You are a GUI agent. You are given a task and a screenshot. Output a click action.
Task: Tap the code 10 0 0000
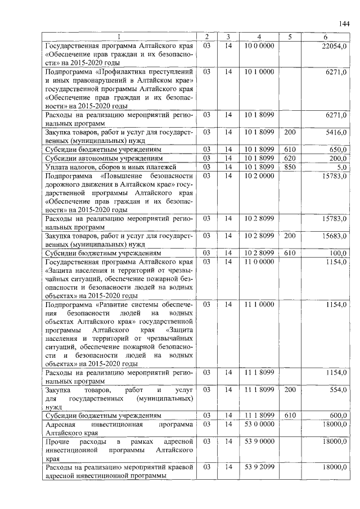pos(259,45)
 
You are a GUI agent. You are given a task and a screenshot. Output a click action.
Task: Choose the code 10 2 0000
pos(259,175)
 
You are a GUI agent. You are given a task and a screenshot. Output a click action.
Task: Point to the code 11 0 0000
pos(259,262)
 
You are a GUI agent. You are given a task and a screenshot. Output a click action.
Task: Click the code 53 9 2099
pos(259,467)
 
